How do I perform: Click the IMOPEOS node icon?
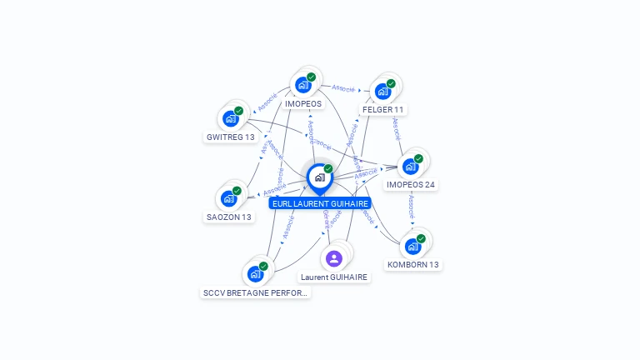(x=302, y=85)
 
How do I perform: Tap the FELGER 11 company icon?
(x=382, y=91)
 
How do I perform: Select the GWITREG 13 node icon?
(x=231, y=118)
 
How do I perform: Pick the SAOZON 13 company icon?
(x=228, y=198)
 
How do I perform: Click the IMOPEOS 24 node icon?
(x=410, y=166)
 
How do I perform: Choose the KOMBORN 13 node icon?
(x=412, y=246)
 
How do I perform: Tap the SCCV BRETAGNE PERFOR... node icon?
(x=255, y=273)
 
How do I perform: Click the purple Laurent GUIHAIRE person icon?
(x=334, y=257)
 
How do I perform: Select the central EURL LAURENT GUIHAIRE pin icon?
(x=319, y=177)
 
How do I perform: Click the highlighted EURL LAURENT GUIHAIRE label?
(x=320, y=203)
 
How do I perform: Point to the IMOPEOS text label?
(x=302, y=104)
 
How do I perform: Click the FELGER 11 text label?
(x=383, y=110)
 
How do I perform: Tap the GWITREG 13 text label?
(x=230, y=137)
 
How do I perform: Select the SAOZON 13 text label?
(x=229, y=217)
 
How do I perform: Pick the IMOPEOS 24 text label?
(x=411, y=185)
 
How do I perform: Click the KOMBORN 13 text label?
(x=413, y=265)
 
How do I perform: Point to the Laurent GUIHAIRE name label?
(x=334, y=277)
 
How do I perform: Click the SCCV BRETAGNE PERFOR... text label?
(x=256, y=293)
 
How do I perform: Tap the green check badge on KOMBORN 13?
(x=421, y=238)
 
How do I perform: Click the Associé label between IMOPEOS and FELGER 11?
(x=343, y=87)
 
